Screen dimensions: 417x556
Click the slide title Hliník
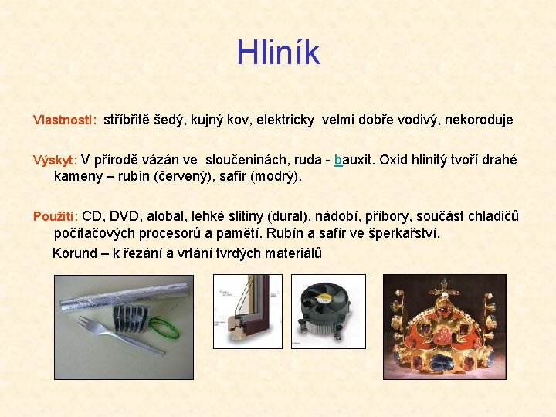point(278,53)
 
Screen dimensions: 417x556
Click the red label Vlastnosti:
point(64,120)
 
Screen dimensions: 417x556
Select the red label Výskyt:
point(55,161)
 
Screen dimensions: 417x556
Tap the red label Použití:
point(56,216)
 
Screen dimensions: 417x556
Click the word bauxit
point(352,161)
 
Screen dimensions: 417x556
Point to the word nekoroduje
point(478,120)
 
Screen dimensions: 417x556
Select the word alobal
point(167,216)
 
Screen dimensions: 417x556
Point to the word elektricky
point(280,120)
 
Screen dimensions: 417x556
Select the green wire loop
point(164,330)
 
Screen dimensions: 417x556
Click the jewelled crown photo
point(445,327)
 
